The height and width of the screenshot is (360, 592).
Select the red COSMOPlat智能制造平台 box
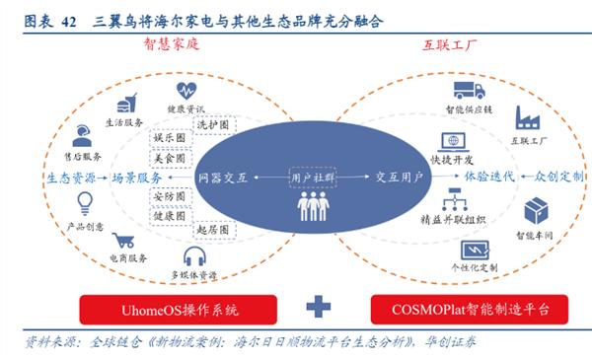tap(462, 309)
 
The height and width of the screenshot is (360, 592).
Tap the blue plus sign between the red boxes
tap(318, 308)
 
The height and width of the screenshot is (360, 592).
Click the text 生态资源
tap(69, 178)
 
